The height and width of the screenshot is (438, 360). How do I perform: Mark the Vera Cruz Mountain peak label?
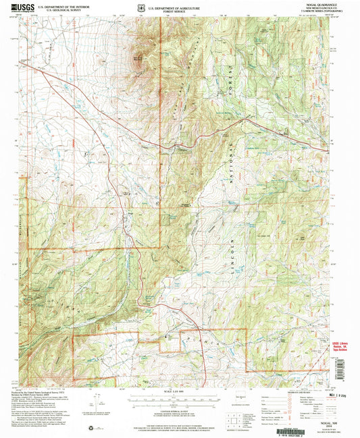click(x=138, y=57)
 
